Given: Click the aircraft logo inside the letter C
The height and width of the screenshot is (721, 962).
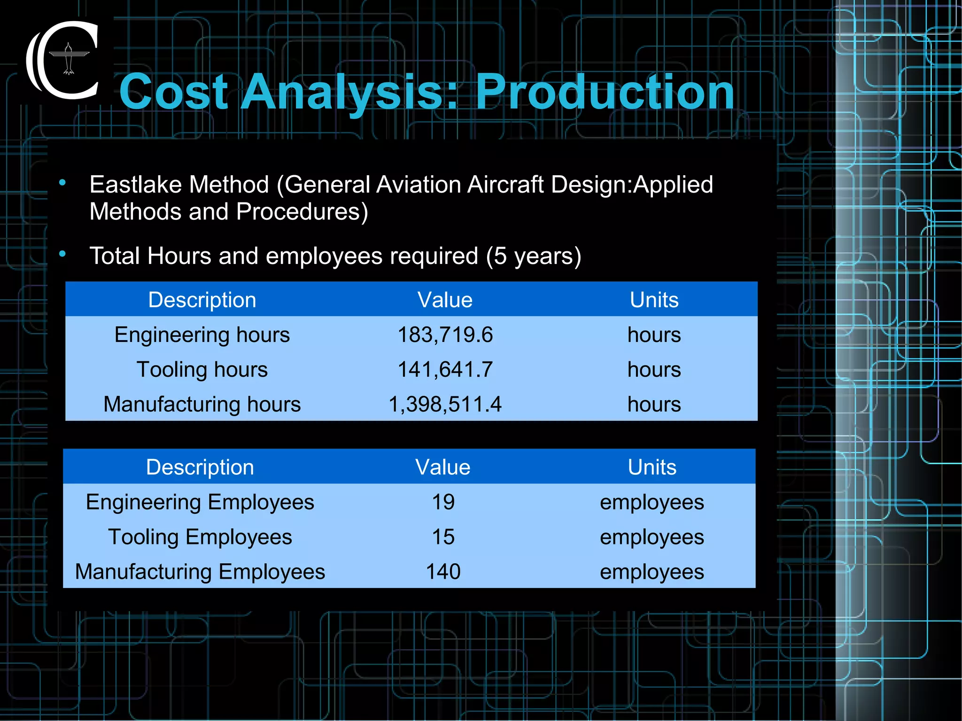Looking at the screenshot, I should coord(69,59).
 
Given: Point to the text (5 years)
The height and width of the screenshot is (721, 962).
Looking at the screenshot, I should coord(534,256).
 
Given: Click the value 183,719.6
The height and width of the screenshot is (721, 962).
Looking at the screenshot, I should coord(445,335).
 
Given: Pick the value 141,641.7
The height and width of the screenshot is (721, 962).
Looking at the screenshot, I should coord(445,370).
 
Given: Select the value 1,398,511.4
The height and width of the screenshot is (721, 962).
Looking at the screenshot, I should coord(445,404).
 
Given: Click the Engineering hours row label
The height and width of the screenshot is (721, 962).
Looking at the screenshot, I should coord(202,335).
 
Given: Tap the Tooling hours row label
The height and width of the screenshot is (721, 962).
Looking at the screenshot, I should coord(202,370).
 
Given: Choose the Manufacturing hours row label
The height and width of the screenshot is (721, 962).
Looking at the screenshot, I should coord(202,404).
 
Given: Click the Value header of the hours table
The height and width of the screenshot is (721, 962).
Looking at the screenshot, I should coord(445,300).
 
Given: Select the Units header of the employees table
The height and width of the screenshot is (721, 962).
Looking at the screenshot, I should coord(652,467).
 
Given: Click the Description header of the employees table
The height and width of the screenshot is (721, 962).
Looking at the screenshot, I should coord(200,467).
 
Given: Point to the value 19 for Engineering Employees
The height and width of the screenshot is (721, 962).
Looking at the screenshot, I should coord(443,502).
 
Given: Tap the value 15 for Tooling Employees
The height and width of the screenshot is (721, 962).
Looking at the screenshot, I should coord(443,537).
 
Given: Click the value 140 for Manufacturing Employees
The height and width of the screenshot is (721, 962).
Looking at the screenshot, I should coord(443,572).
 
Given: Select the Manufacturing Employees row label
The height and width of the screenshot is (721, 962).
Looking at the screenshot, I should coord(200,572).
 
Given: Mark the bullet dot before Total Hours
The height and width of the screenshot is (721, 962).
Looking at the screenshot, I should coord(62,254).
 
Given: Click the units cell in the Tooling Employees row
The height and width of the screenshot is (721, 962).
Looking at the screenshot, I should coord(652,537).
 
